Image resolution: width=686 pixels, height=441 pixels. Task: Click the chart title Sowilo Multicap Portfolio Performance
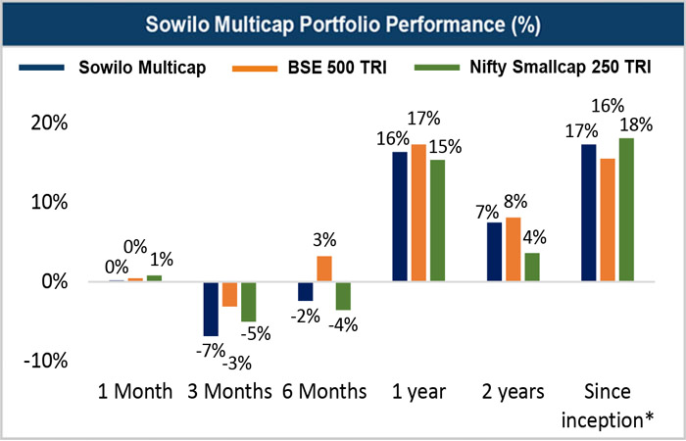point(343,23)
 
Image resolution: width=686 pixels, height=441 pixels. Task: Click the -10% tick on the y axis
point(43,360)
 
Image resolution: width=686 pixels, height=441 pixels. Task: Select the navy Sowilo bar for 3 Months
point(210,308)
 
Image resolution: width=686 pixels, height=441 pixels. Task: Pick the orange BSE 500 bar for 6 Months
point(324,269)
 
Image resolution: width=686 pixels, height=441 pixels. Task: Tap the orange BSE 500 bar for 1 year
point(419,213)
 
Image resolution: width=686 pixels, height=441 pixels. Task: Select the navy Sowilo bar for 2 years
point(495,252)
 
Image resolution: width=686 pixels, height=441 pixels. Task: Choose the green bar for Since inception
point(627,210)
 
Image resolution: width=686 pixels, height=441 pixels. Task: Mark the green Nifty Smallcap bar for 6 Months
point(343,296)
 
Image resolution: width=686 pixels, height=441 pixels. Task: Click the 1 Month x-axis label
point(135,392)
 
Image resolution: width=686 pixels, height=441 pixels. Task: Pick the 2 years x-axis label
point(514,392)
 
